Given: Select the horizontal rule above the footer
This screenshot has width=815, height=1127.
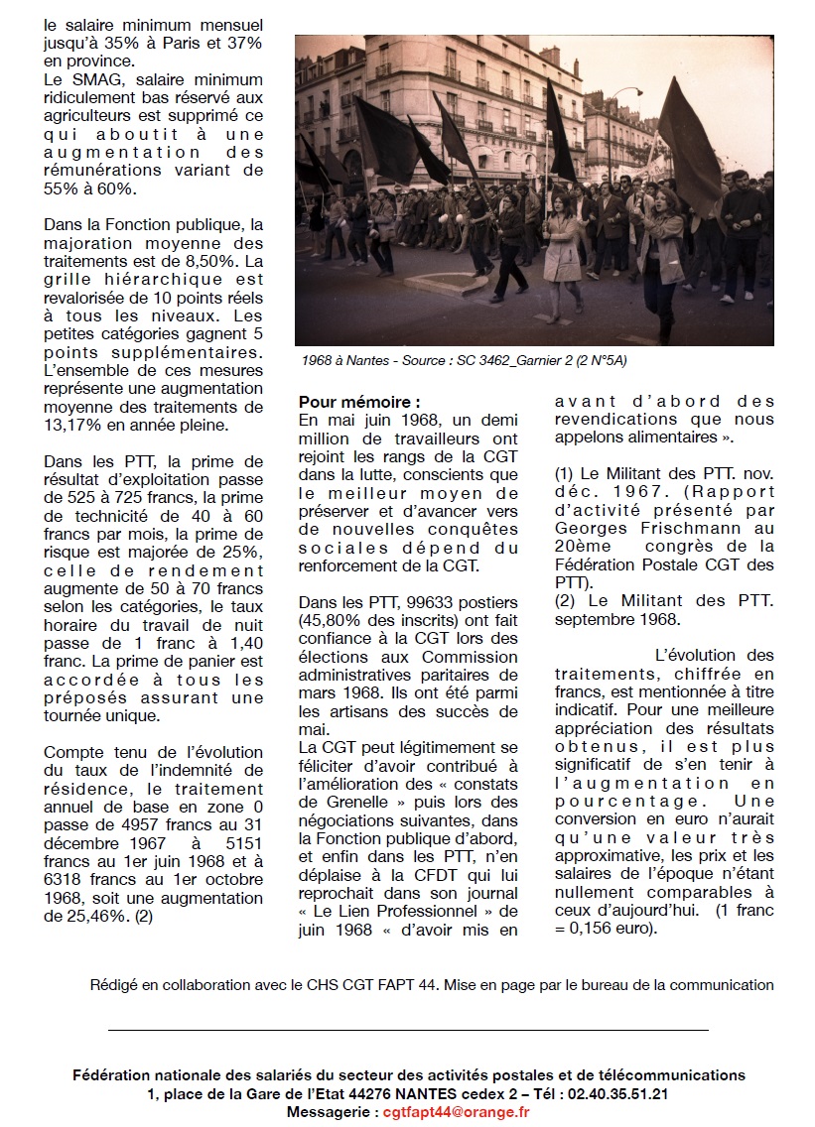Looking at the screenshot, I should click(407, 1031).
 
